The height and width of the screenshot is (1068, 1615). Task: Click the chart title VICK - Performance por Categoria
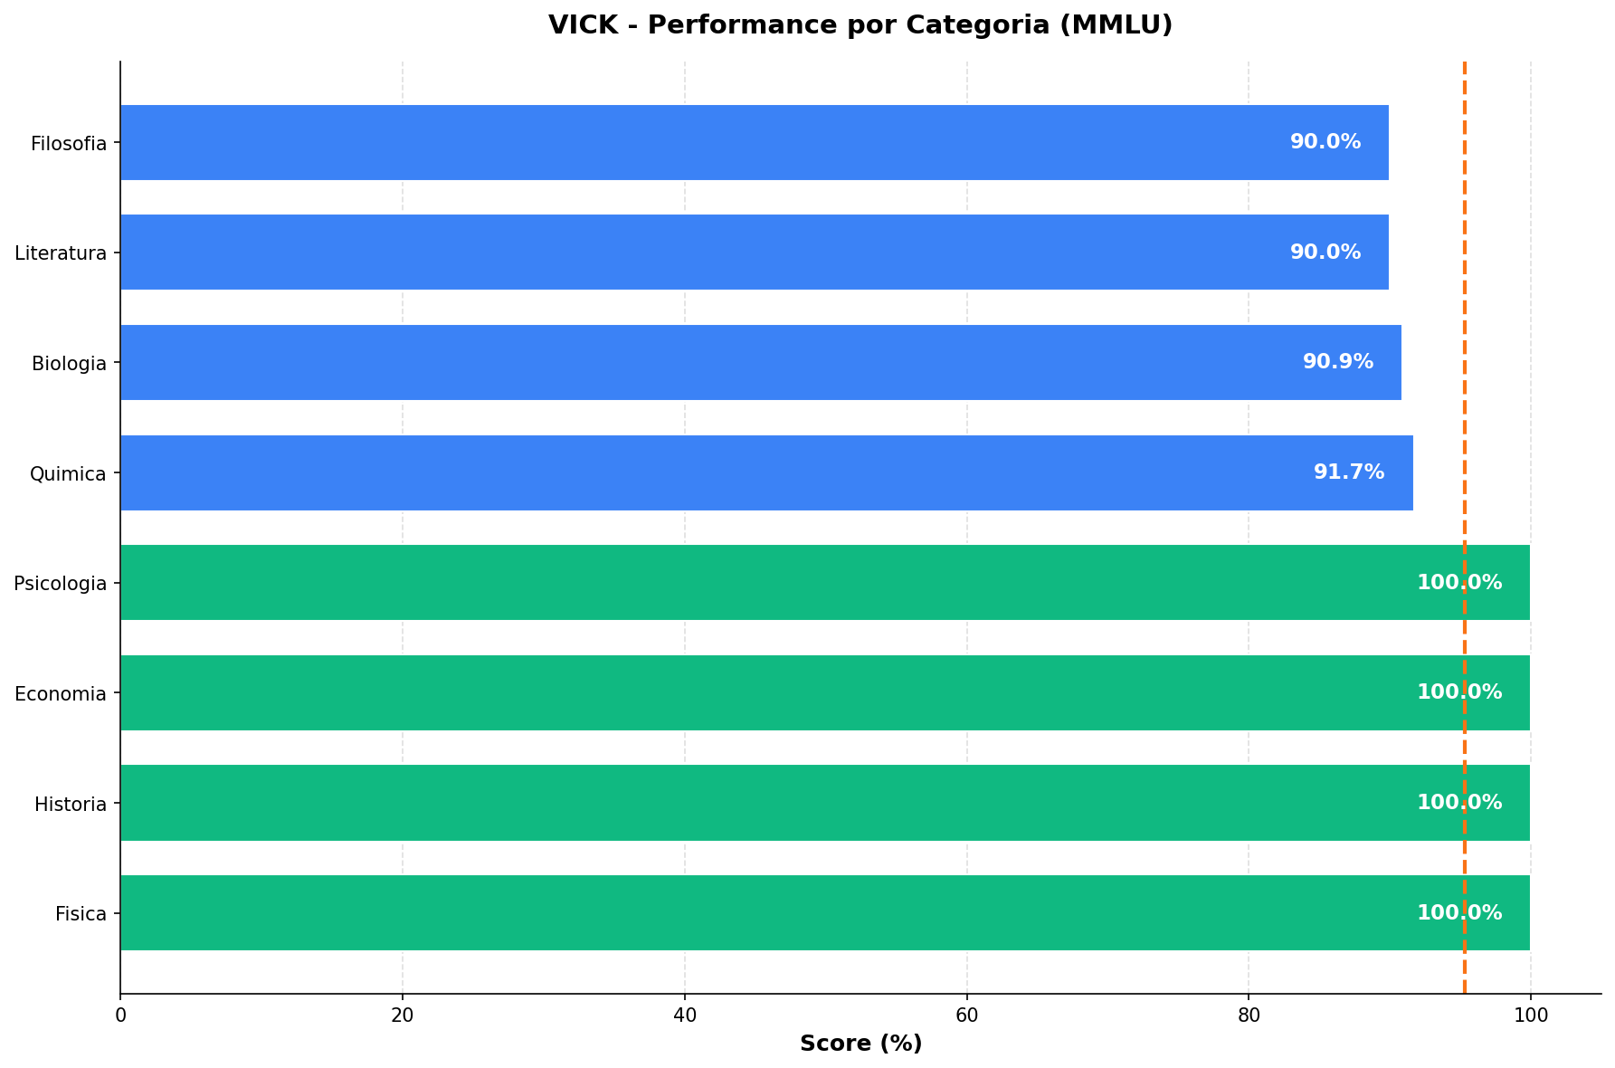[x=860, y=25]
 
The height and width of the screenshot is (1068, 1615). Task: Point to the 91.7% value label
[x=1349, y=472]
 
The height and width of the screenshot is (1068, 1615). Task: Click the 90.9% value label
[x=1338, y=362]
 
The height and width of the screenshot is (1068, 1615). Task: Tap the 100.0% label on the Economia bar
[x=1459, y=692]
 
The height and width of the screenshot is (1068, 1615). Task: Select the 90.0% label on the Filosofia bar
[x=1325, y=142]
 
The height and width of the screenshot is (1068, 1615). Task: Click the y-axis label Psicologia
[x=61, y=584]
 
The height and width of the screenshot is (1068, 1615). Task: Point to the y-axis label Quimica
[x=68, y=473]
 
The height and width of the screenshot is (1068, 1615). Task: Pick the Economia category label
[x=61, y=694]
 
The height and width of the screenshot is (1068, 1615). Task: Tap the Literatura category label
[x=61, y=253]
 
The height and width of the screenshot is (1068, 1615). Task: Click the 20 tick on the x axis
[x=403, y=1016]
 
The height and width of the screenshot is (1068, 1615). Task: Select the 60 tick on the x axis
[x=966, y=1016]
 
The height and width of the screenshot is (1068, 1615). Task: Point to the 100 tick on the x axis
[x=1530, y=1016]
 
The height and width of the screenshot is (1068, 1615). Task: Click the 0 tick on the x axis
[x=120, y=1016]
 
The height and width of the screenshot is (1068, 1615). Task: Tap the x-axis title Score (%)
[x=860, y=1044]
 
